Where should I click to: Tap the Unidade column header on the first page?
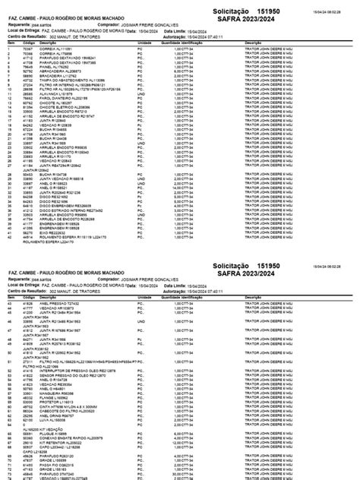144,43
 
